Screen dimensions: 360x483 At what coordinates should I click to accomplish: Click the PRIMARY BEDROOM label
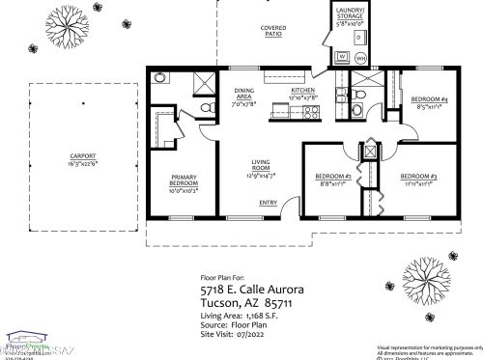(184, 180)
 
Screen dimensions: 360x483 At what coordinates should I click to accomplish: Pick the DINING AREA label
(243, 94)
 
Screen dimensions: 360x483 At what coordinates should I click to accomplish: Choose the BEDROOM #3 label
(420, 178)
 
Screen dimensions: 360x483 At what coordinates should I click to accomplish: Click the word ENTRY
(268, 202)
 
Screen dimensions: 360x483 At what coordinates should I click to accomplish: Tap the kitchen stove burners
(311, 112)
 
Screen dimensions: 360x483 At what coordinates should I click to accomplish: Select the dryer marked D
(357, 37)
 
